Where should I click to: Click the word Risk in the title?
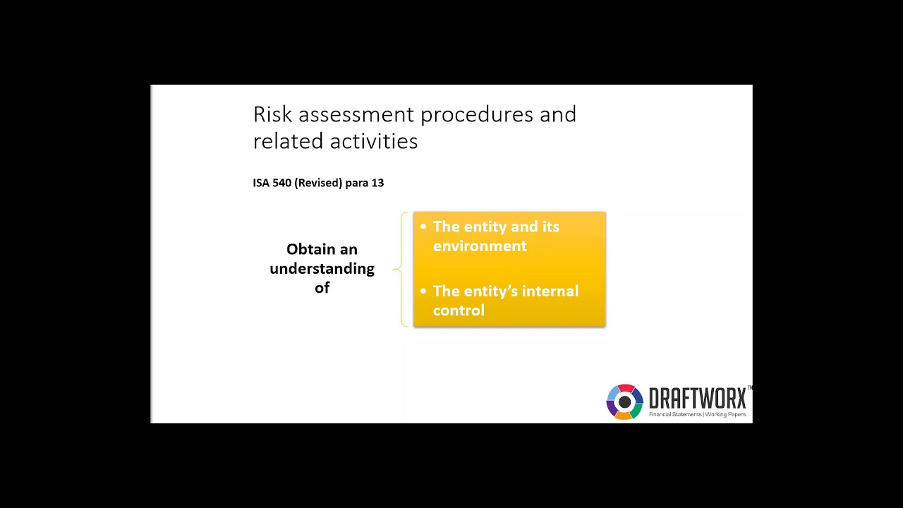(x=272, y=114)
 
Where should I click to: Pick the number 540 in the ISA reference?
(x=281, y=183)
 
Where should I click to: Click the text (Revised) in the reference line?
(x=318, y=183)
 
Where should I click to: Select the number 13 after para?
(x=377, y=183)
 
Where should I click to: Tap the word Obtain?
(x=311, y=250)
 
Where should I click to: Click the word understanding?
(x=322, y=269)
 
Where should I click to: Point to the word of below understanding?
(x=322, y=288)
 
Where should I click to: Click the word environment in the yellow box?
(x=480, y=246)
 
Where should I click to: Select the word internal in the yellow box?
(x=546, y=291)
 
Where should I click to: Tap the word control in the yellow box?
(x=459, y=310)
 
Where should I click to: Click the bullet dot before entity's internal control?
(x=423, y=291)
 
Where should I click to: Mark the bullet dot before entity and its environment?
(x=423, y=226)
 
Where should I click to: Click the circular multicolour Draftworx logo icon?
(x=624, y=401)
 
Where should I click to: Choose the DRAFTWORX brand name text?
(x=697, y=399)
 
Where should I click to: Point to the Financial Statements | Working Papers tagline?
(x=697, y=415)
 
